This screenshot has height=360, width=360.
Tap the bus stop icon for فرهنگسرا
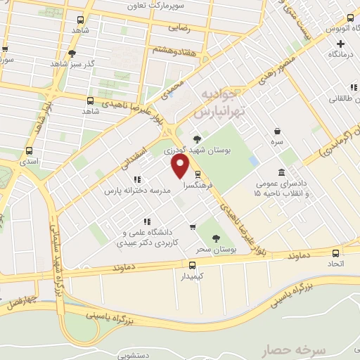click(x=197, y=174)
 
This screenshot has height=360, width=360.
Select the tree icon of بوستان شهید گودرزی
click(x=196, y=139)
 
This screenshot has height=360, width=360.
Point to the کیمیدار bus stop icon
click(x=192, y=265)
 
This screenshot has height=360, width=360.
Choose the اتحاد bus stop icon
click(x=335, y=253)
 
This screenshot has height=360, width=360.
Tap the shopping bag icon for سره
click(x=278, y=131)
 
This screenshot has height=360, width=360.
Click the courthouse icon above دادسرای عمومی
click(x=281, y=173)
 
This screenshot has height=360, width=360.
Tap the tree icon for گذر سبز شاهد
click(x=72, y=53)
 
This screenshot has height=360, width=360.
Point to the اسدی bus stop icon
click(x=29, y=150)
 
